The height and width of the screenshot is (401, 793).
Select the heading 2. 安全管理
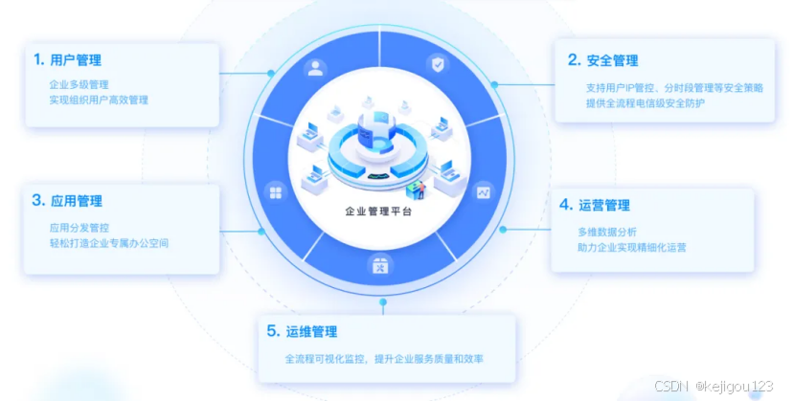602,60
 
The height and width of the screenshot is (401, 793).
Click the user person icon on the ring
314,69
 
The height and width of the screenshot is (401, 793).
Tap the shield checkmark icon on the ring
437,65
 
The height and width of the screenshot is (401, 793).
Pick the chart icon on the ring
483,191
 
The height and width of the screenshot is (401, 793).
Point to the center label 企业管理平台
379,212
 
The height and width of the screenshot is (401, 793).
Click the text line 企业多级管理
79,84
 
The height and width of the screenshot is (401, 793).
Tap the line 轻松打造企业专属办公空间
108,244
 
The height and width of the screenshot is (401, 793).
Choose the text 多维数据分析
606,232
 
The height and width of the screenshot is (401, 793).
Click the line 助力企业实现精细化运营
631,247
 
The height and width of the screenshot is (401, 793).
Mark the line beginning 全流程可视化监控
384,359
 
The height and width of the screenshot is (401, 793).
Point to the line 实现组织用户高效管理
99,100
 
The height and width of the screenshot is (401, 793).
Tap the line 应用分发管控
79,229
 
